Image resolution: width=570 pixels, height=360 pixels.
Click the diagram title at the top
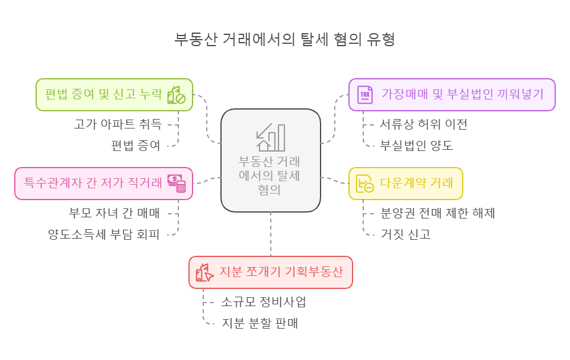284,39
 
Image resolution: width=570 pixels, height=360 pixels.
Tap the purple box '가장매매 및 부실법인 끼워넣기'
451,95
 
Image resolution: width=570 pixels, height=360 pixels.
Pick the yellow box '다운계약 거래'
405,183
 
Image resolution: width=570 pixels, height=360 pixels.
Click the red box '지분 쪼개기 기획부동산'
271,272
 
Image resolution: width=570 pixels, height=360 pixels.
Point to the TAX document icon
365,95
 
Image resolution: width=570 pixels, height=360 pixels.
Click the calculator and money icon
177,183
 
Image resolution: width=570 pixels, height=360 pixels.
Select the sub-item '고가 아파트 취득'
117,124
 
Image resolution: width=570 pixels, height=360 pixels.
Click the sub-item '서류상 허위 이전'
424,124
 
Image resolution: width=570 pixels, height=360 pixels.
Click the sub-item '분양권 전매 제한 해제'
437,213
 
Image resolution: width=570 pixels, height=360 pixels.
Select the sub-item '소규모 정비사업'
264,302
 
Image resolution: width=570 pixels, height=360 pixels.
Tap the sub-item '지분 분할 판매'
260,323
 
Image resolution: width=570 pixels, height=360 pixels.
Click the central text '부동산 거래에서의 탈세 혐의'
270,175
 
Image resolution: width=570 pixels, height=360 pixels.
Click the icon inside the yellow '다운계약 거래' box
365,184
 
